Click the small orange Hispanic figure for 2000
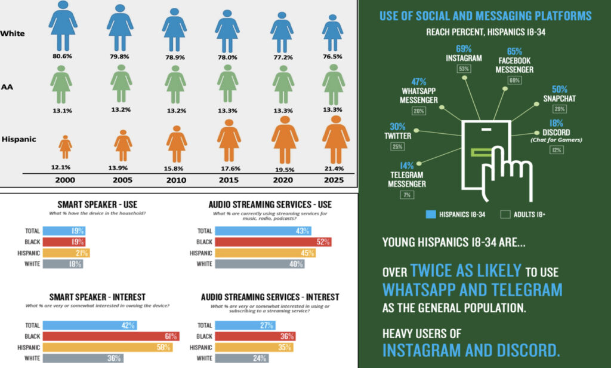tap(65, 146)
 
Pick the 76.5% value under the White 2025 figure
tap(332, 57)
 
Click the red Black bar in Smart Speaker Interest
tap(126, 336)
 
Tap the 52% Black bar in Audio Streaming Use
tap(273, 242)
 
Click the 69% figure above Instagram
tap(464, 48)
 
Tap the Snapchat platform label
tap(559, 99)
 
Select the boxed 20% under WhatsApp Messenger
tap(418, 111)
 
